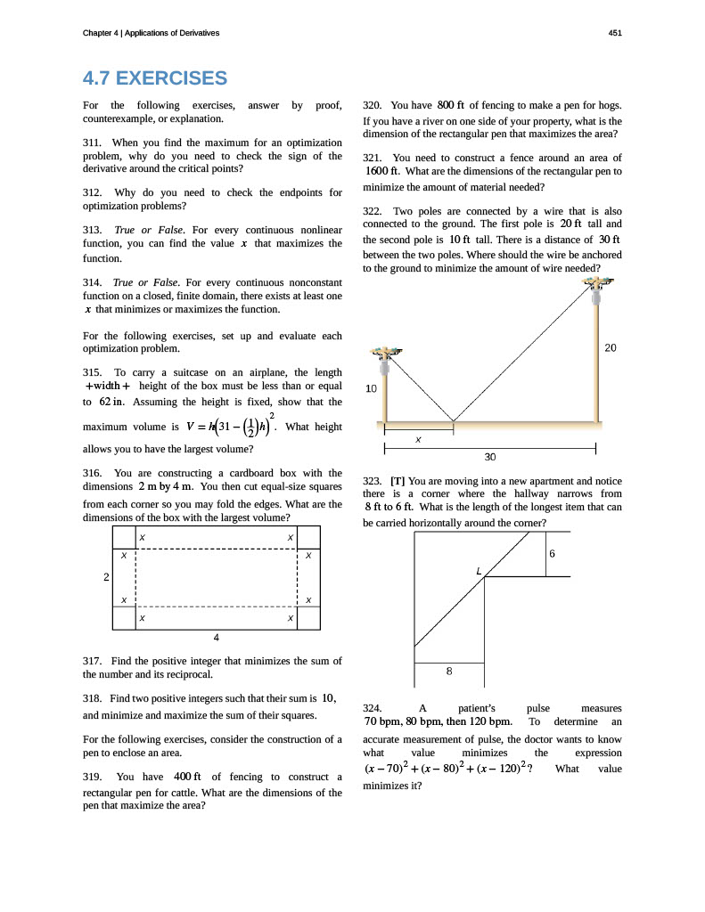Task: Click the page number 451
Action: (615, 33)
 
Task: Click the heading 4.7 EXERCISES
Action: (154, 78)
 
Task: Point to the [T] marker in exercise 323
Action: (398, 481)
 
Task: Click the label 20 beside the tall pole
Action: (610, 348)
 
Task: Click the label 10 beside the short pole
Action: (372, 388)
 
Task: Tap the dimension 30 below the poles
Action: (489, 457)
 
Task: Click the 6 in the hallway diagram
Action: (553, 554)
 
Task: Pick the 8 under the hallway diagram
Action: (449, 672)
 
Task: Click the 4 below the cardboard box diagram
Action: (217, 637)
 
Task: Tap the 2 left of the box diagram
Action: (106, 577)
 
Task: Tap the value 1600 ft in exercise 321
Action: (381, 171)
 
